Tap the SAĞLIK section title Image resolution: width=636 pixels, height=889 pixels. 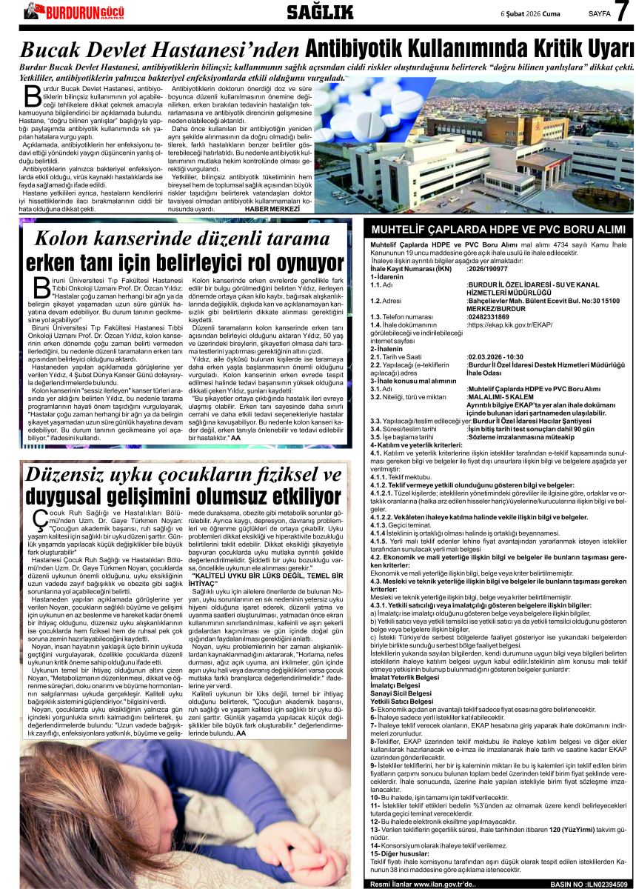[x=320, y=12]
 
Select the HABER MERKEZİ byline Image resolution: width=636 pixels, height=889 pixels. [x=272, y=209]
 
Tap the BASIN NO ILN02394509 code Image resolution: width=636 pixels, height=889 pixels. [x=589, y=884]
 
